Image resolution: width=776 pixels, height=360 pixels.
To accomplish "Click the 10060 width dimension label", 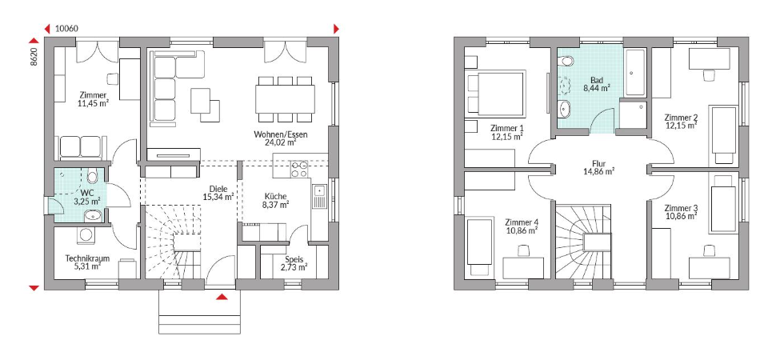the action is [66, 29].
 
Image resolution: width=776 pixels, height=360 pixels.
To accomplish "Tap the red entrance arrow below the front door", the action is [222, 297].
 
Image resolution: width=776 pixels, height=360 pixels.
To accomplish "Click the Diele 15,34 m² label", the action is [218, 193].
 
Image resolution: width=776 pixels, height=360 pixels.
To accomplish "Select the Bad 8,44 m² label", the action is [596, 84].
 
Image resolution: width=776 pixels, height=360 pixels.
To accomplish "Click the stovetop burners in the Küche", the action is [299, 170].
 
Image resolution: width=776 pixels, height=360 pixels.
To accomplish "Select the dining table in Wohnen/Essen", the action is [285, 99].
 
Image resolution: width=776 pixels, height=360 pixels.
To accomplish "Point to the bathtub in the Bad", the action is [634, 73].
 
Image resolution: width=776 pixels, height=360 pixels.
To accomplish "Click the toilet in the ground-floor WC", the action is [91, 176].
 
